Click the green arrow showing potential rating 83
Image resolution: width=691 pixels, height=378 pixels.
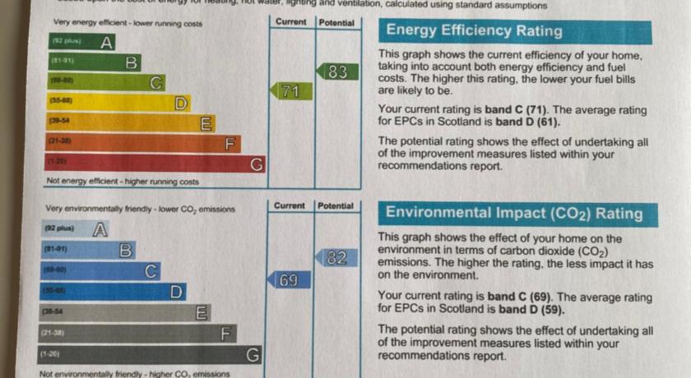pyautogui.click(x=336, y=71)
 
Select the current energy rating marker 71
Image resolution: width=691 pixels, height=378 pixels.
pyautogui.click(x=289, y=91)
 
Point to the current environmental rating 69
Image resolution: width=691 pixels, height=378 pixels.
pyautogui.click(x=289, y=280)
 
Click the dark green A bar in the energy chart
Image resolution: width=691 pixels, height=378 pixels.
pyautogui.click(x=82, y=42)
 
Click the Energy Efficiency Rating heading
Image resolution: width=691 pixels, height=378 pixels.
pyautogui.click(x=474, y=32)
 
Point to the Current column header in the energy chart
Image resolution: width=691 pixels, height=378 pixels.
pyautogui.click(x=291, y=22)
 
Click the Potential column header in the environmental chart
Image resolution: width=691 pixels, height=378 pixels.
pyautogui.click(x=336, y=205)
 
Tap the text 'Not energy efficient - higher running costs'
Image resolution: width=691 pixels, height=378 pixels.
pyautogui.click(x=123, y=181)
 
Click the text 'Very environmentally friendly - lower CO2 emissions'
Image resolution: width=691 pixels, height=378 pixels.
pyautogui.click(x=140, y=210)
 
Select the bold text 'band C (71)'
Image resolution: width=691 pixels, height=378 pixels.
pyautogui.click(x=517, y=110)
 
